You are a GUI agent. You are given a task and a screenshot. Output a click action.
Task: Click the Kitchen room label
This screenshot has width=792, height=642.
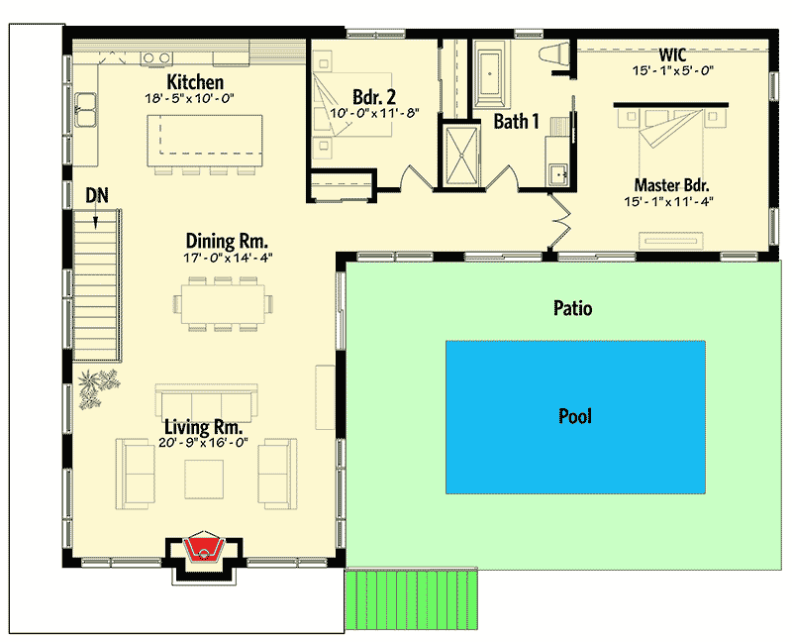194,82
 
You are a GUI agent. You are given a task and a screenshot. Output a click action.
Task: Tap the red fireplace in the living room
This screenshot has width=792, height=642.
203,549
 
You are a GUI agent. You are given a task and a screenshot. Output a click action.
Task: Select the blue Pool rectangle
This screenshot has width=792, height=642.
575,416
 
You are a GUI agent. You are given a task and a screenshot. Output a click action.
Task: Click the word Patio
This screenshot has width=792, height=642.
572,309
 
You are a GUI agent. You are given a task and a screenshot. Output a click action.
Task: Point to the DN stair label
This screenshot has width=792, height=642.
96,195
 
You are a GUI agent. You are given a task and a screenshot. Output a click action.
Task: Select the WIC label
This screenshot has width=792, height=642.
672,54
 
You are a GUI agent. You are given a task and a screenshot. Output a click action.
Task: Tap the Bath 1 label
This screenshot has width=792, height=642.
517,123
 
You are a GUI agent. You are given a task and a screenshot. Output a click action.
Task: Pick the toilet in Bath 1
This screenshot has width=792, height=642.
555,56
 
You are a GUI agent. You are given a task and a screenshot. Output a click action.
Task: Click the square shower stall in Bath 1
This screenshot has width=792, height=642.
459,156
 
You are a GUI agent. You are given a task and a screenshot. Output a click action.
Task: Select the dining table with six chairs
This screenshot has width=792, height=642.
223,304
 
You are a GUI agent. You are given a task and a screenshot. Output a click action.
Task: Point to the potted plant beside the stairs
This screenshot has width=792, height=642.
97,385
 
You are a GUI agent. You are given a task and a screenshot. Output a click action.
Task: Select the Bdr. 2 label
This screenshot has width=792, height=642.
373,97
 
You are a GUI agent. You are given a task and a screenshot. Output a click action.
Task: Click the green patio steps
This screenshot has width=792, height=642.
410,600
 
